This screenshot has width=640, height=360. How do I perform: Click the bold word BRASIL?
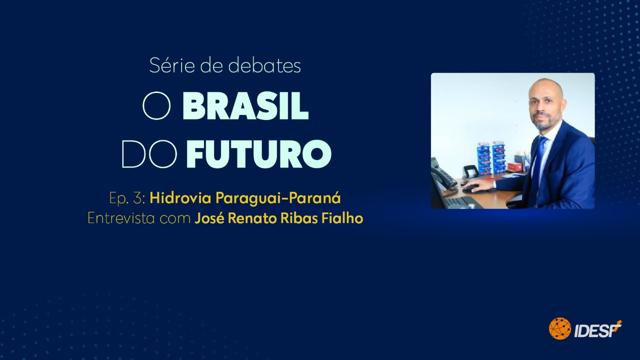point(245,106)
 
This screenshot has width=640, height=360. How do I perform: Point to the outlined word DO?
point(149,153)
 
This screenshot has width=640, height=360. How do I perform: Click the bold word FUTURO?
point(258,154)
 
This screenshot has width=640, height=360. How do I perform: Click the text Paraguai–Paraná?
point(278,198)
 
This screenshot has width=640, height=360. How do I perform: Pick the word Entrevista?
point(121,218)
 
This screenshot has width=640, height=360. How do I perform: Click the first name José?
point(207,218)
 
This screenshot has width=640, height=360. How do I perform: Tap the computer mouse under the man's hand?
point(471,188)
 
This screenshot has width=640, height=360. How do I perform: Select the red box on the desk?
point(514,166)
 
